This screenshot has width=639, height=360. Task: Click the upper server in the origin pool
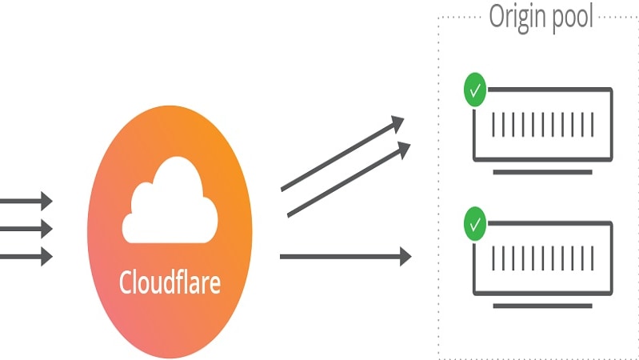coord(543,123)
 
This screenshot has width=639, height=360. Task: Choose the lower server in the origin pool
coord(543,257)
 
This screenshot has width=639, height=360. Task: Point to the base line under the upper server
coord(543,172)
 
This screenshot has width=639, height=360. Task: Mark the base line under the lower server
coord(543,305)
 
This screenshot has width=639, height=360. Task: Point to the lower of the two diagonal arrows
coord(348,180)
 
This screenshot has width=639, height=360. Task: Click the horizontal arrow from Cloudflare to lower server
coord(344,257)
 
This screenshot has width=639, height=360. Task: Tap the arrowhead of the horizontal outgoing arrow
coord(405,257)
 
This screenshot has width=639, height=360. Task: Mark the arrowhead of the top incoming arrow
coord(46,201)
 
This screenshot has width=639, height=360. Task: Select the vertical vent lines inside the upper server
coord(543,124)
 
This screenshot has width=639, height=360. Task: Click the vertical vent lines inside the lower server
coord(543,258)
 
